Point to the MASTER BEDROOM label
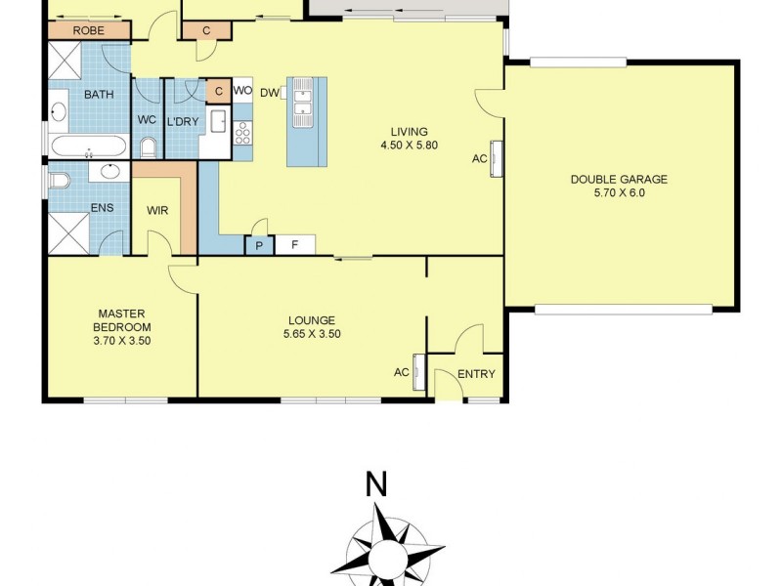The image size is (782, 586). coord(122,327)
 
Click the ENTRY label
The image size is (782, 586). coord(476,374)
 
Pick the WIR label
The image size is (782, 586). coord(158,210)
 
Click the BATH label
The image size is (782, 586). coord(98,95)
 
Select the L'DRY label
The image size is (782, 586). coord(182,120)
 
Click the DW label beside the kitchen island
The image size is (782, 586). coord(270,93)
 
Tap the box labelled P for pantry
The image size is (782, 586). coord(259,245)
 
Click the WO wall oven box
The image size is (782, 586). coord(242,91)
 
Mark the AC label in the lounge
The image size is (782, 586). coord(401,372)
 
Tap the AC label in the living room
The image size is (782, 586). coord(479,158)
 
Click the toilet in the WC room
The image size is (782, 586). coord(149,147)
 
